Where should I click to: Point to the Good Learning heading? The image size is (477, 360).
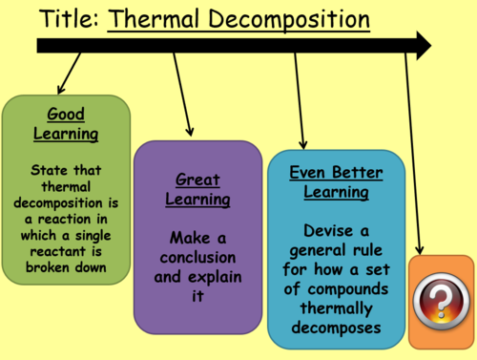66,125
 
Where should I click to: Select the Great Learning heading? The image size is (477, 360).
197,189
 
